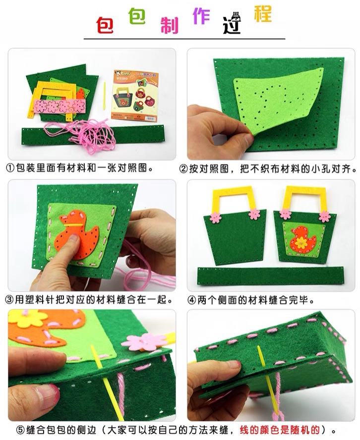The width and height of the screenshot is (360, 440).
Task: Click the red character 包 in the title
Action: click(x=105, y=25)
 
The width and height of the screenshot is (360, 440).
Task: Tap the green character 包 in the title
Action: click(x=137, y=15)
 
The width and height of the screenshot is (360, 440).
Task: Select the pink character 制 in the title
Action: click(x=169, y=25)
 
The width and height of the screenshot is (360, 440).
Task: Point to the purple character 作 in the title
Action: click(x=201, y=16)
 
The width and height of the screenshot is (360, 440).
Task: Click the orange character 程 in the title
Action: click(x=263, y=14)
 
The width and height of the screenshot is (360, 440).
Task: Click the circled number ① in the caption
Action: click(x=10, y=168)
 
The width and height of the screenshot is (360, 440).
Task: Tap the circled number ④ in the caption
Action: click(x=192, y=300)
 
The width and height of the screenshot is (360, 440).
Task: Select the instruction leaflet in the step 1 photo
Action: click(x=135, y=96)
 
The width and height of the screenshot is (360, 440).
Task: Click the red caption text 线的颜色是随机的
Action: click(x=279, y=430)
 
